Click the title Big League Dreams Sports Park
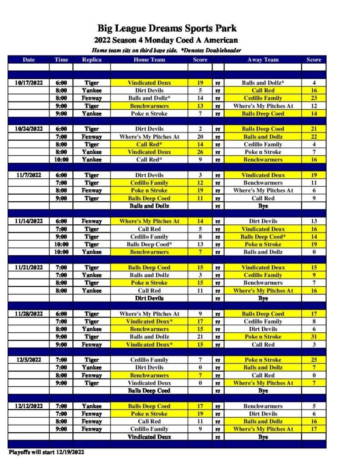click(167, 29)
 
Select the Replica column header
click(91, 60)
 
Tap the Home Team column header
click(149, 60)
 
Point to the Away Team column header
click(263, 60)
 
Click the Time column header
click(61, 60)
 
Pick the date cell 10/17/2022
click(28, 83)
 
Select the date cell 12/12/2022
click(28, 406)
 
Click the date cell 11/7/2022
click(28, 175)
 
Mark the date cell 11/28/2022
click(28, 314)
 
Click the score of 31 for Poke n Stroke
click(314, 337)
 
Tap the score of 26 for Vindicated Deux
click(200, 152)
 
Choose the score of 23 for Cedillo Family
click(314, 98)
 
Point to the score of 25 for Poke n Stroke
click(314, 360)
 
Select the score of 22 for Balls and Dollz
click(314, 137)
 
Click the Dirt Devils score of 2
click(200, 129)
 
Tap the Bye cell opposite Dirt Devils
click(263, 299)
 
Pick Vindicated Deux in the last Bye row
click(149, 437)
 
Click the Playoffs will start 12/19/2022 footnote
click(46, 452)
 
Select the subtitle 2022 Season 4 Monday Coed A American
click(167, 41)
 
